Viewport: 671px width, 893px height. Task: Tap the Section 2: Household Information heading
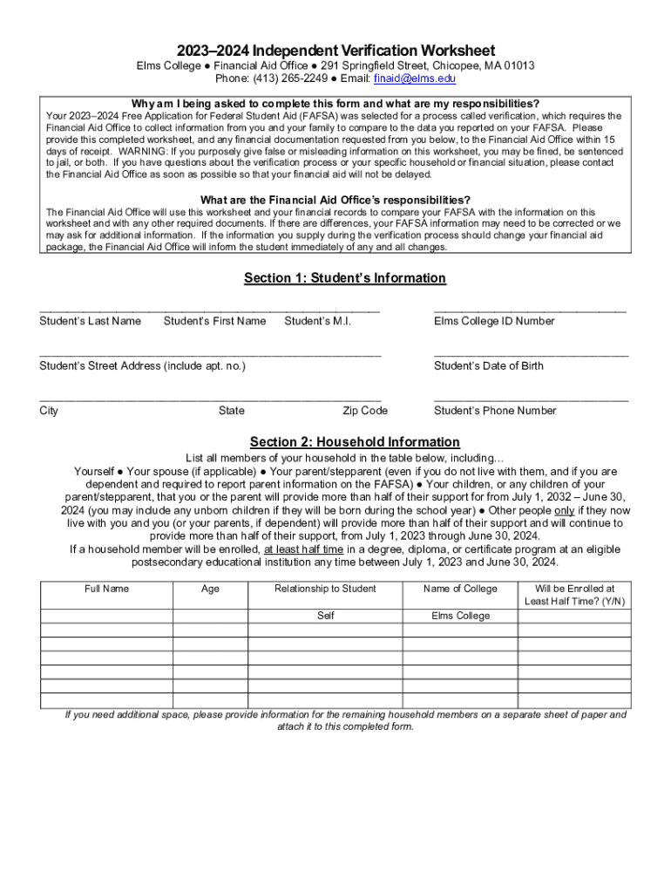point(355,442)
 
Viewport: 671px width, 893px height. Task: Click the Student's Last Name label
point(90,321)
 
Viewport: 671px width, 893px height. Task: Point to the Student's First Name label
point(214,321)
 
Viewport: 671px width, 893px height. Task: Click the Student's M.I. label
point(317,321)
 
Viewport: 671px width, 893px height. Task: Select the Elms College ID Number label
point(494,321)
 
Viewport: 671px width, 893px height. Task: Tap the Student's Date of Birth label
point(489,366)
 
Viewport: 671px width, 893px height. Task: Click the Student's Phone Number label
point(495,411)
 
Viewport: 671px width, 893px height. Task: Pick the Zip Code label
point(365,411)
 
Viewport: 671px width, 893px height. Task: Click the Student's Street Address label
point(142,366)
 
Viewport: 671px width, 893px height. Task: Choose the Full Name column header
point(106,589)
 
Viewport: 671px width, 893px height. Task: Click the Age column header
point(210,589)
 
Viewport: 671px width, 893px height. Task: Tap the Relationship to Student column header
point(325,589)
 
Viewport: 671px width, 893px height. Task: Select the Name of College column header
point(460,589)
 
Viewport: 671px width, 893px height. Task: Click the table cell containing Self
point(325,616)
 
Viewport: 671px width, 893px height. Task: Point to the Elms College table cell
point(460,616)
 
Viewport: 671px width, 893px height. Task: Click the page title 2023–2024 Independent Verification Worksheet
point(335,51)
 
